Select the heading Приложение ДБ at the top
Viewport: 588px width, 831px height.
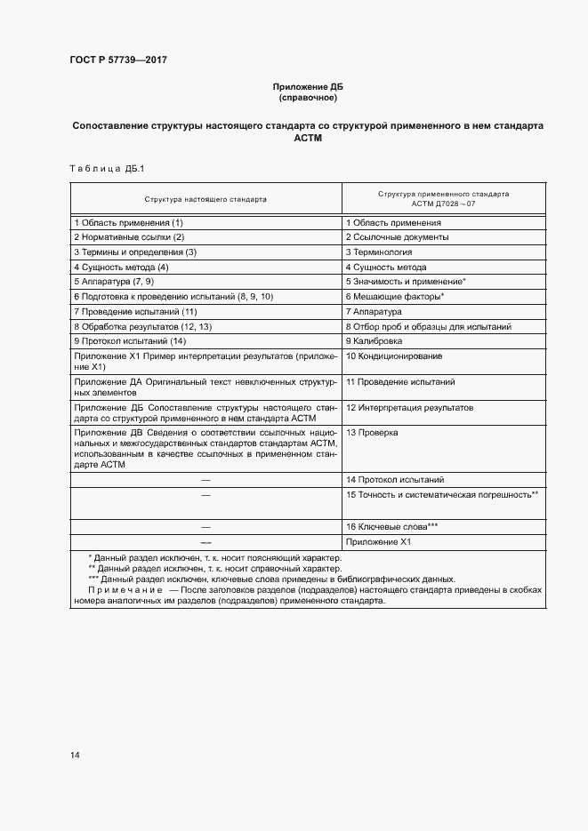pyautogui.click(x=307, y=86)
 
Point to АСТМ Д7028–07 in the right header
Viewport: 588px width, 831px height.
pyautogui.click(x=443, y=205)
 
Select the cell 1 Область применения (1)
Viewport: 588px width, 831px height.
pyautogui.click(x=129, y=222)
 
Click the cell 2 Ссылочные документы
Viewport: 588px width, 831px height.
pyautogui.click(x=397, y=237)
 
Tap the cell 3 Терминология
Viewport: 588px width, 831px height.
pyautogui.click(x=379, y=252)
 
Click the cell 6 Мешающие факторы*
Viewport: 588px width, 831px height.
pyautogui.click(x=395, y=295)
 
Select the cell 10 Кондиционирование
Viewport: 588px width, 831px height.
pyautogui.click(x=393, y=356)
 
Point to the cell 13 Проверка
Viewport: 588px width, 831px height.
pyautogui.click(x=372, y=432)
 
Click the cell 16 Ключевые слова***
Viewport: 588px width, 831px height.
pyautogui.click(x=391, y=526)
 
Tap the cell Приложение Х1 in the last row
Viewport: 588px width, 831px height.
pyautogui.click(x=377, y=541)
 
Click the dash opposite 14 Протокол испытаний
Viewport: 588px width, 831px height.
pyautogui.click(x=205, y=479)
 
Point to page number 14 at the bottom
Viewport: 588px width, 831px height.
pyautogui.click(x=76, y=755)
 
